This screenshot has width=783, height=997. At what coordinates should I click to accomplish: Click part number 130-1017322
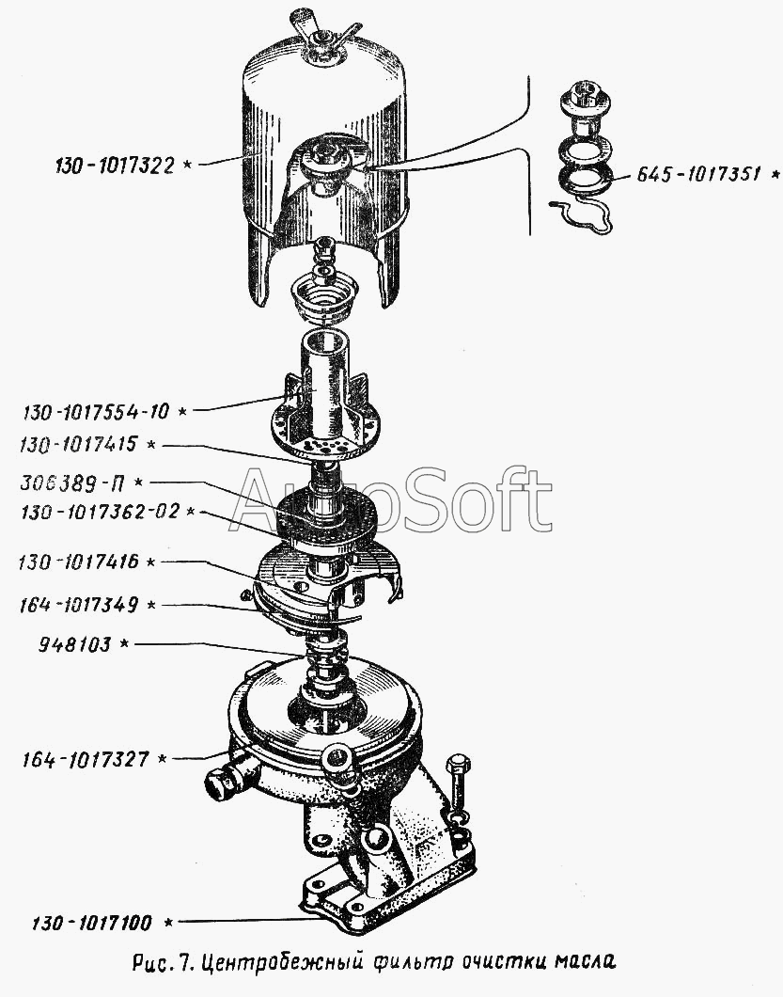tap(115, 166)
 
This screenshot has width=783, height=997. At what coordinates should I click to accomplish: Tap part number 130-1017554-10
tap(96, 412)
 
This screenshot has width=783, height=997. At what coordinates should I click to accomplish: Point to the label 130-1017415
tap(78, 445)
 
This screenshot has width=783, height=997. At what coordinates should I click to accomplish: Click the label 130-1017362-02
tap(101, 512)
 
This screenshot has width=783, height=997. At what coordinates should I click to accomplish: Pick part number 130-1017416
tap(79, 562)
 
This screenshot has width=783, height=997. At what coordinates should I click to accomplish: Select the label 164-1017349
tap(79, 604)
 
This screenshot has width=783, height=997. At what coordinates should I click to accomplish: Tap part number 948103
tap(74, 644)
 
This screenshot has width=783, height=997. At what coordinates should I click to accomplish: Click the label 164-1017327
tap(86, 759)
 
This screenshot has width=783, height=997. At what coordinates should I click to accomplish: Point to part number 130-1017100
tap(92, 922)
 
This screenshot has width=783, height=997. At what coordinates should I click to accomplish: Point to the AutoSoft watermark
tap(390, 499)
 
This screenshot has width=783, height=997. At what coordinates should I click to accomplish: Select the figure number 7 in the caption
tap(183, 960)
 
